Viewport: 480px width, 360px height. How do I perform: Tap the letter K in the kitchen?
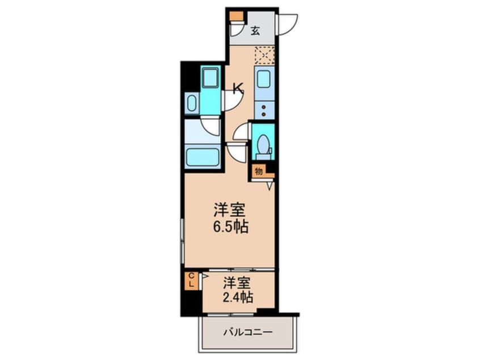238,88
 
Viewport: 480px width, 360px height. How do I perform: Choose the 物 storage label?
259,170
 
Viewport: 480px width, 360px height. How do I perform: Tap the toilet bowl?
263,145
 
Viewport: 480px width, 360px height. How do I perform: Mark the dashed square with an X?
264,55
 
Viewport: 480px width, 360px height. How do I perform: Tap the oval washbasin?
191,104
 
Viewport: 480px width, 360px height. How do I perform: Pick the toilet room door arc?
242,132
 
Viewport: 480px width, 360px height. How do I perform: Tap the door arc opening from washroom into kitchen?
233,101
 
